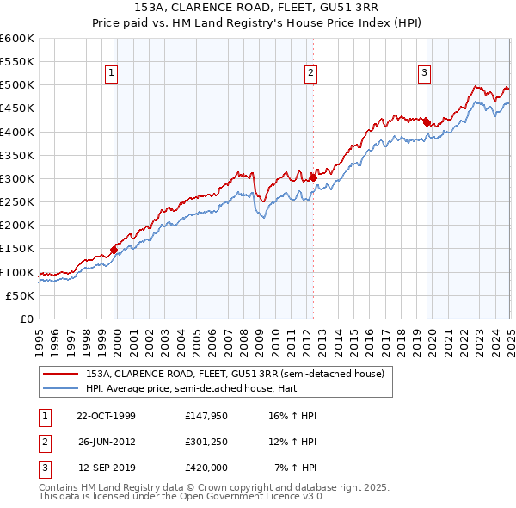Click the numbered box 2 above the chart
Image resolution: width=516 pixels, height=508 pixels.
click(310, 74)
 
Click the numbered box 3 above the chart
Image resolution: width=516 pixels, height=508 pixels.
click(425, 74)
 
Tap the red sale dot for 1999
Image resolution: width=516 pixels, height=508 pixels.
click(114, 250)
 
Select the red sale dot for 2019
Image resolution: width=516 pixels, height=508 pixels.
click(427, 122)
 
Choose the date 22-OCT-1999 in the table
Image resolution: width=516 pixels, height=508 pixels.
click(106, 416)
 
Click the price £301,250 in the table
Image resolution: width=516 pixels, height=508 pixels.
click(206, 442)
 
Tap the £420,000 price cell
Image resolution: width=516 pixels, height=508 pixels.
click(206, 468)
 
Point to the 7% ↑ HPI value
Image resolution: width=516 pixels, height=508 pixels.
click(296, 468)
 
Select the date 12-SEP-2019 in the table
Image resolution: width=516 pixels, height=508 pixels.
click(106, 468)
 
